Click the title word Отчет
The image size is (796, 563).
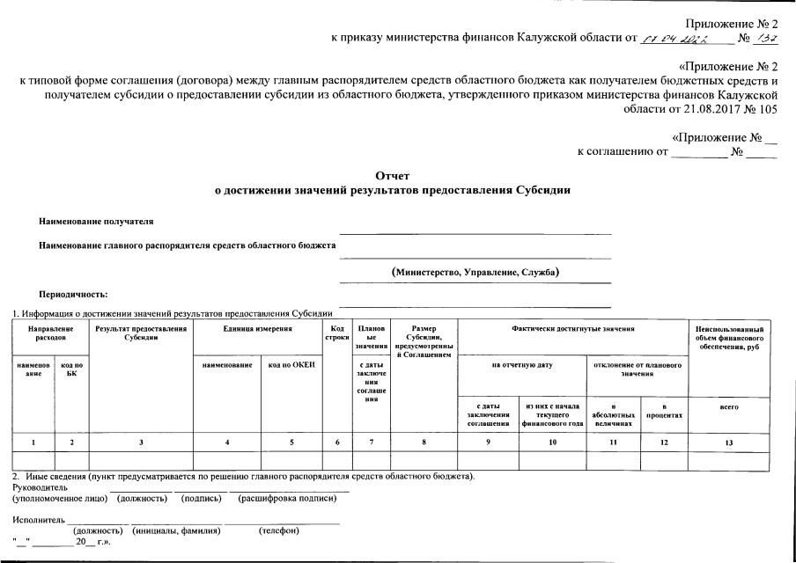tap(392, 176)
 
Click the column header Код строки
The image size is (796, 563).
tap(337, 333)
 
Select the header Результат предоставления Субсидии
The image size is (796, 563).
tap(142, 333)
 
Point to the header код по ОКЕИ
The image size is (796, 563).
tap(291, 365)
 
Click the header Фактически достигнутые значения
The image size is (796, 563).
tap(572, 328)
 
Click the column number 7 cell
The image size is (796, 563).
tap(372, 442)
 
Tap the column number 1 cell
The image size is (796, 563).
tap(33, 442)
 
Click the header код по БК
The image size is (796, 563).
tap(72, 369)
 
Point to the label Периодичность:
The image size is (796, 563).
tap(73, 295)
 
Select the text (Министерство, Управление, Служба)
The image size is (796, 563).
tap(475, 272)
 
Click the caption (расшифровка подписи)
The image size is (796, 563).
tap(287, 499)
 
